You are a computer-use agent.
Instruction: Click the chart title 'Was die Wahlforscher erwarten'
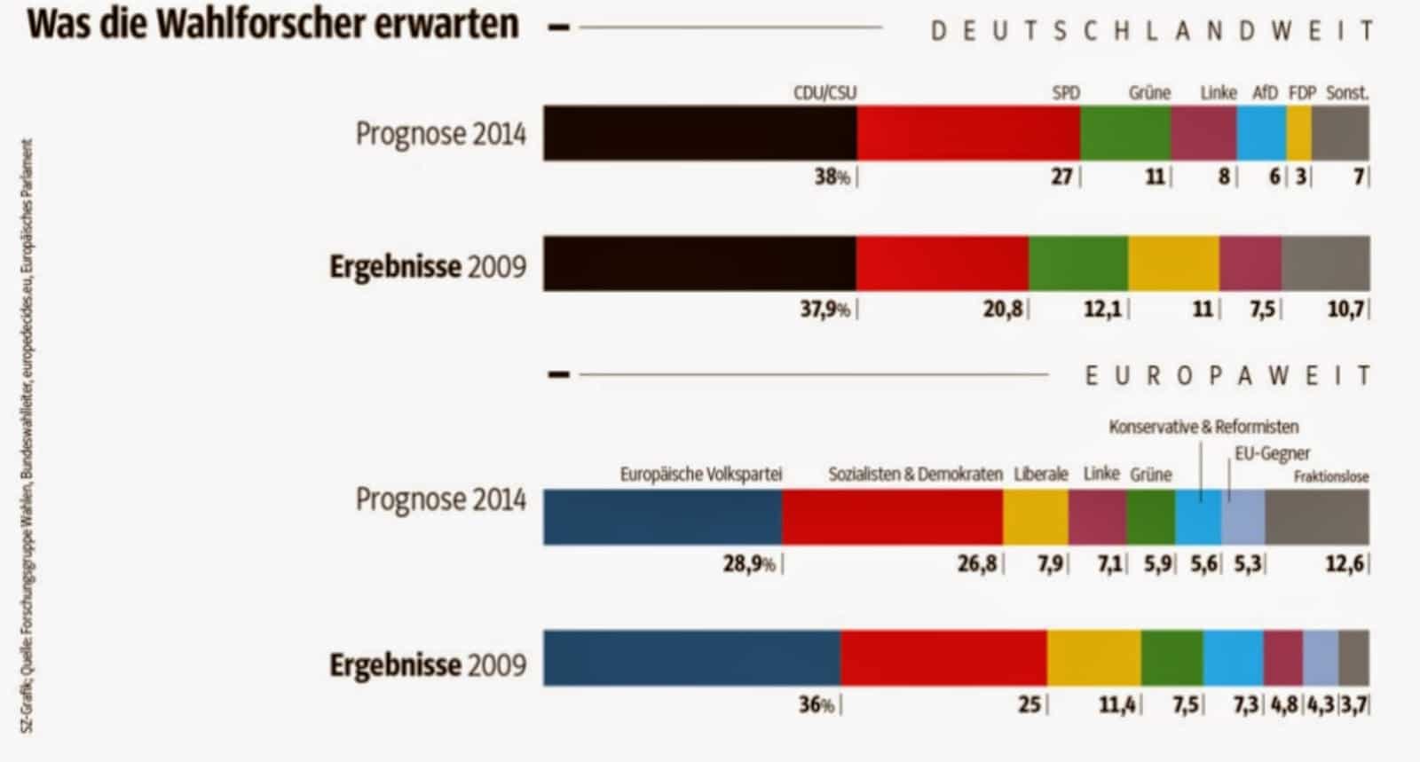273,25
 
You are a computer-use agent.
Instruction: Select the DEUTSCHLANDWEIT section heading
1151,32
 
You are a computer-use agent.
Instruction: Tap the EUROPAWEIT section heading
1228,376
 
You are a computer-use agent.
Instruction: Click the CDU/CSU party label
824,93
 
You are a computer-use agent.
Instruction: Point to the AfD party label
1265,93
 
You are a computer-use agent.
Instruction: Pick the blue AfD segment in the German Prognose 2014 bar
1261,133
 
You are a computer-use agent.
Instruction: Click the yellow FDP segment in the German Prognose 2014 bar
1298,133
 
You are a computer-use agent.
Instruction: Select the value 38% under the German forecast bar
832,177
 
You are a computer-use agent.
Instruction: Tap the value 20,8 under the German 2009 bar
1002,310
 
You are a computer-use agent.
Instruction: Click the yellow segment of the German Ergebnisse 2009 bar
1173,263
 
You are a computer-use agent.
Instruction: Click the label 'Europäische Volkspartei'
700,475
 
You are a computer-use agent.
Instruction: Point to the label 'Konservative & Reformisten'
1203,428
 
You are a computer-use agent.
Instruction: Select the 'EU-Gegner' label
1272,454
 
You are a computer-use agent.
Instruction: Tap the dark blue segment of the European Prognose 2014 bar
662,517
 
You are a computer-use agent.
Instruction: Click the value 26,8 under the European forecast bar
976,564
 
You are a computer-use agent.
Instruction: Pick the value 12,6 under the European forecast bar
1344,564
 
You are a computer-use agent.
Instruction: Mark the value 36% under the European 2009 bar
816,706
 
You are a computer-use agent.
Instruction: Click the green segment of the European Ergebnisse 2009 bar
1171,658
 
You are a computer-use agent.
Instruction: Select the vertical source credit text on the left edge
28,435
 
